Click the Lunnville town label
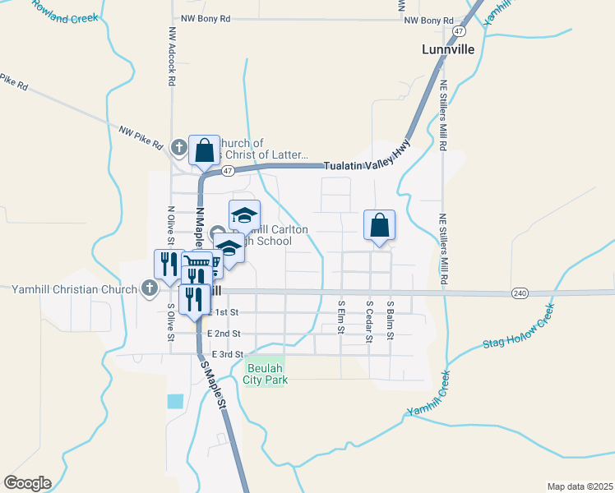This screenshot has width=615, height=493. (448, 49)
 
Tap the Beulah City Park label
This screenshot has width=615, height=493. (266, 374)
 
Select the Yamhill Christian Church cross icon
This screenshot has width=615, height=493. (149, 288)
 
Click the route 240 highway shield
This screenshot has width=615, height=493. (519, 293)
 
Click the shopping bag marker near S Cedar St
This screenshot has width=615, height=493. (379, 224)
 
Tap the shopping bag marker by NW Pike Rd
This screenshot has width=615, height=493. (205, 150)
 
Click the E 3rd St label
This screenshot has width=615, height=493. (228, 354)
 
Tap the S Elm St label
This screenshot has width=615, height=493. (340, 317)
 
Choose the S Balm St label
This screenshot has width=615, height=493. (391, 319)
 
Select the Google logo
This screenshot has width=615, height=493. (27, 482)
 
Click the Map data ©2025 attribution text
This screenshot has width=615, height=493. (578, 486)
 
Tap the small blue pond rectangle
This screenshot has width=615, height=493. (175, 401)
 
